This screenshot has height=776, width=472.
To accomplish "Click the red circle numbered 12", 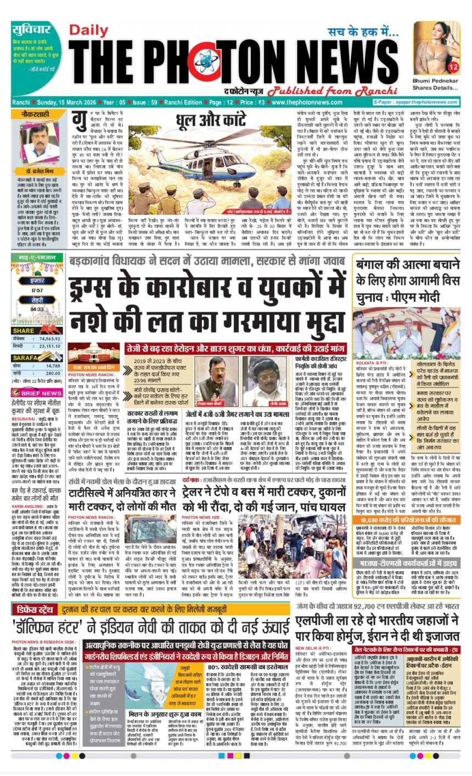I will pos(453,67).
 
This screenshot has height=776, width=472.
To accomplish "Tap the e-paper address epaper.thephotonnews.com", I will pos(430,102).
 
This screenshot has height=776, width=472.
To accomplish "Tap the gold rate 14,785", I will pos(53,365).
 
